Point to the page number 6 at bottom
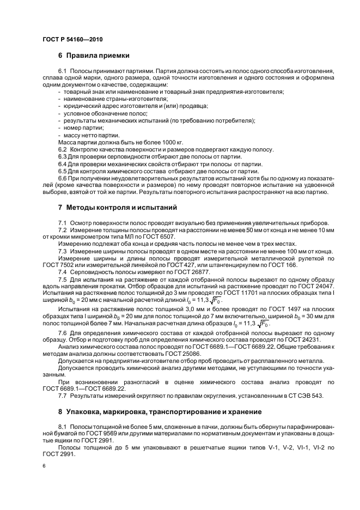[x=44, y=466]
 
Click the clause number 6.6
[x=63, y=178]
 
